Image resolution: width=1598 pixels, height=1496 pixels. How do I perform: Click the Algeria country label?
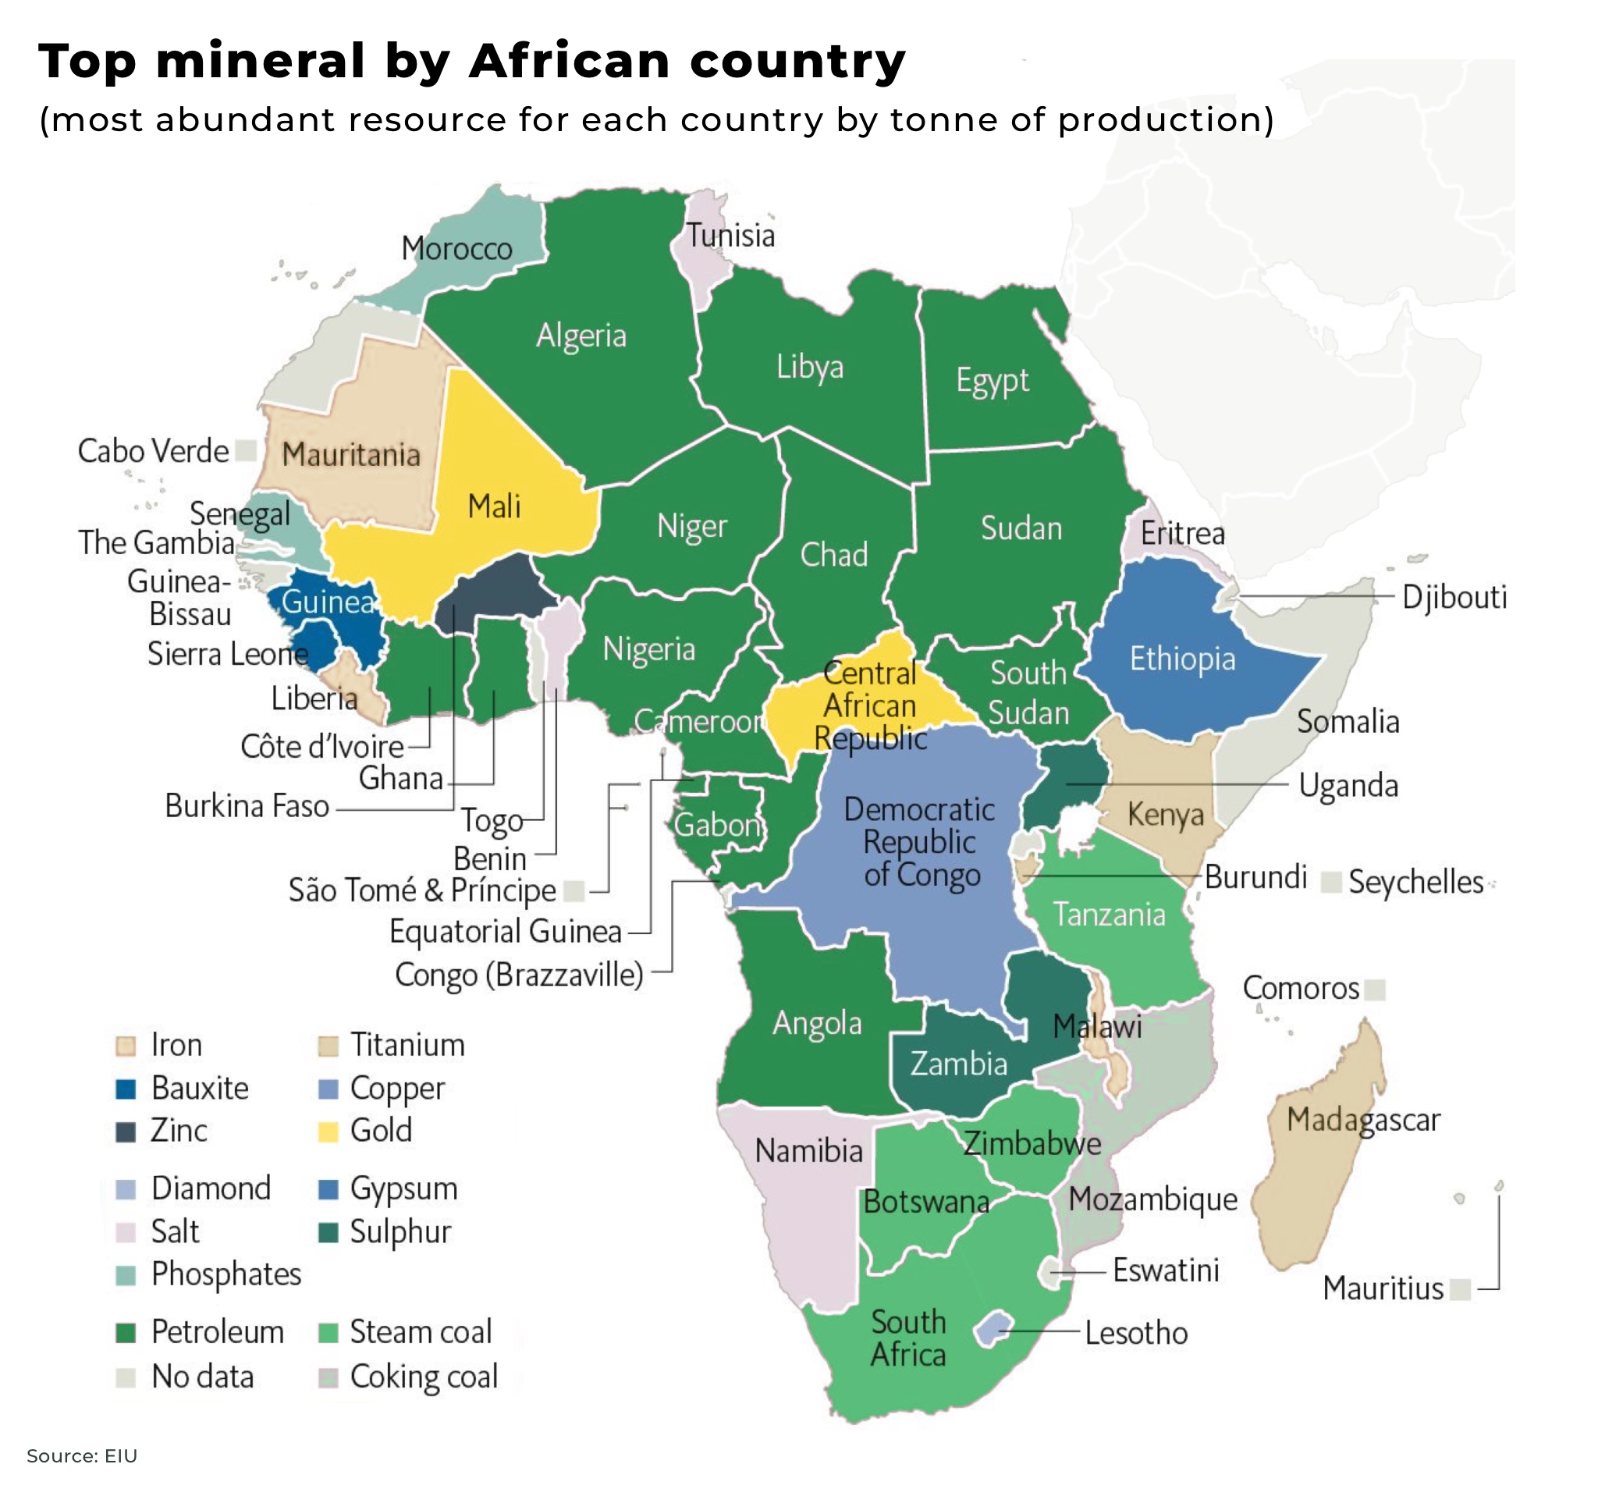[x=581, y=336]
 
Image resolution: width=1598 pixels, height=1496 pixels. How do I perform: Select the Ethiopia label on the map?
[x=1181, y=659]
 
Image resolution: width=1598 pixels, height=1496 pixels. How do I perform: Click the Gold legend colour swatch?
[x=328, y=1131]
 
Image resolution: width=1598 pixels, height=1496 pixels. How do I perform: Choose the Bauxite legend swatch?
[x=126, y=1089]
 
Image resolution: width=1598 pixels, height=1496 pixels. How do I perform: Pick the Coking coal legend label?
[x=424, y=1377]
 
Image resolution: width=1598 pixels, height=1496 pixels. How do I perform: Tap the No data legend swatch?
[x=126, y=1377]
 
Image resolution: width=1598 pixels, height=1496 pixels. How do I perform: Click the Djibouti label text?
[x=1454, y=597]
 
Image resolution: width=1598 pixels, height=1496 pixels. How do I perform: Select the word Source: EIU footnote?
[x=82, y=1455]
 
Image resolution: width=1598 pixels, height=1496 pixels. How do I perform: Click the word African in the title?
[x=568, y=61]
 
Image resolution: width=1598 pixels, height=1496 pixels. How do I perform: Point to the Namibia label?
[x=808, y=1150]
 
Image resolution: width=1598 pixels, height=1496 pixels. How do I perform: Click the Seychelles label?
[x=1415, y=882]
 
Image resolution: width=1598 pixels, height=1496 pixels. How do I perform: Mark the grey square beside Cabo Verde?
[x=246, y=450]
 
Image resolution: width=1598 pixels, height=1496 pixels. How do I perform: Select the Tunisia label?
[x=730, y=236]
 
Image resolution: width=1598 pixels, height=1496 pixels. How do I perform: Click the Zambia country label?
[x=958, y=1064]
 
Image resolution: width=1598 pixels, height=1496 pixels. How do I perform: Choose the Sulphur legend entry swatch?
[x=328, y=1232]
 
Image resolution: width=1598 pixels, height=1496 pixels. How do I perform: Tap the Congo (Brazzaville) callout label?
[x=519, y=975]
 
